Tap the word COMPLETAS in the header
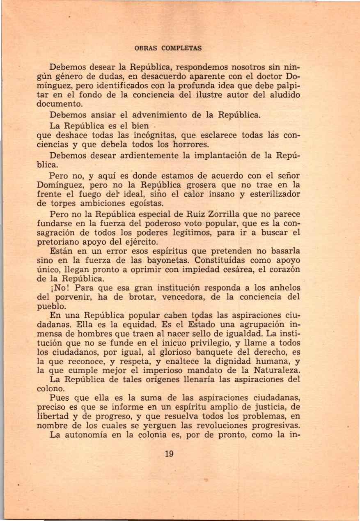pyautogui.click(x=181, y=48)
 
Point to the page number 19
pyautogui.click(x=169, y=454)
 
